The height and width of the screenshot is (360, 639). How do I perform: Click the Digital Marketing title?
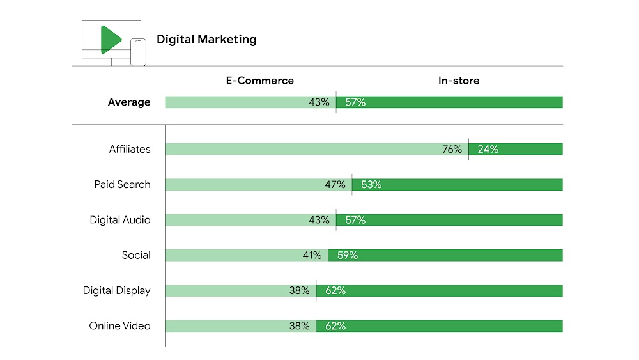(206, 40)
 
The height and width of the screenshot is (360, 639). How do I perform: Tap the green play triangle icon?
(110, 40)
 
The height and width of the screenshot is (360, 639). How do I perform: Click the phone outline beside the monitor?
(138, 52)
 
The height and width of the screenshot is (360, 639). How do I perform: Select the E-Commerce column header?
(259, 81)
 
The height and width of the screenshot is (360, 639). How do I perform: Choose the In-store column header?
(458, 81)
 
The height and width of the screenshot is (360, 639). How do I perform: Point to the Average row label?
(129, 102)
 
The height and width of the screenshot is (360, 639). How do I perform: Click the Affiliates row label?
(130, 149)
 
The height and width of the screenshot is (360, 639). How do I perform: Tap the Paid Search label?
(122, 184)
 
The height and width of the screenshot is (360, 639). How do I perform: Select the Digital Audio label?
(120, 220)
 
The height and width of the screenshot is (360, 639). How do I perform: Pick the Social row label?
(136, 255)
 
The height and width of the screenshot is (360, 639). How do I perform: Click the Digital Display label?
(116, 290)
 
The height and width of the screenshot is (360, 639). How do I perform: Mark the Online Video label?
(119, 326)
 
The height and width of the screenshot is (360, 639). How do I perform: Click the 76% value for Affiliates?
(452, 149)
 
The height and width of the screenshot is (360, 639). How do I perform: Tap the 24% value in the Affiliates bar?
(488, 149)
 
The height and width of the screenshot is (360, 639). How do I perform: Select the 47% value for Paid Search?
(335, 185)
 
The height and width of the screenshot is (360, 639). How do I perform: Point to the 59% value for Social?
(347, 255)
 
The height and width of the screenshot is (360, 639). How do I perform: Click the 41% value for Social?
(312, 255)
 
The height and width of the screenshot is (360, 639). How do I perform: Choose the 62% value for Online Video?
(335, 326)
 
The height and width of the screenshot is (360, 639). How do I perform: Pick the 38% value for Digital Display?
(299, 290)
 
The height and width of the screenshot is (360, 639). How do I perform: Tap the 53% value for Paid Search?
(371, 185)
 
